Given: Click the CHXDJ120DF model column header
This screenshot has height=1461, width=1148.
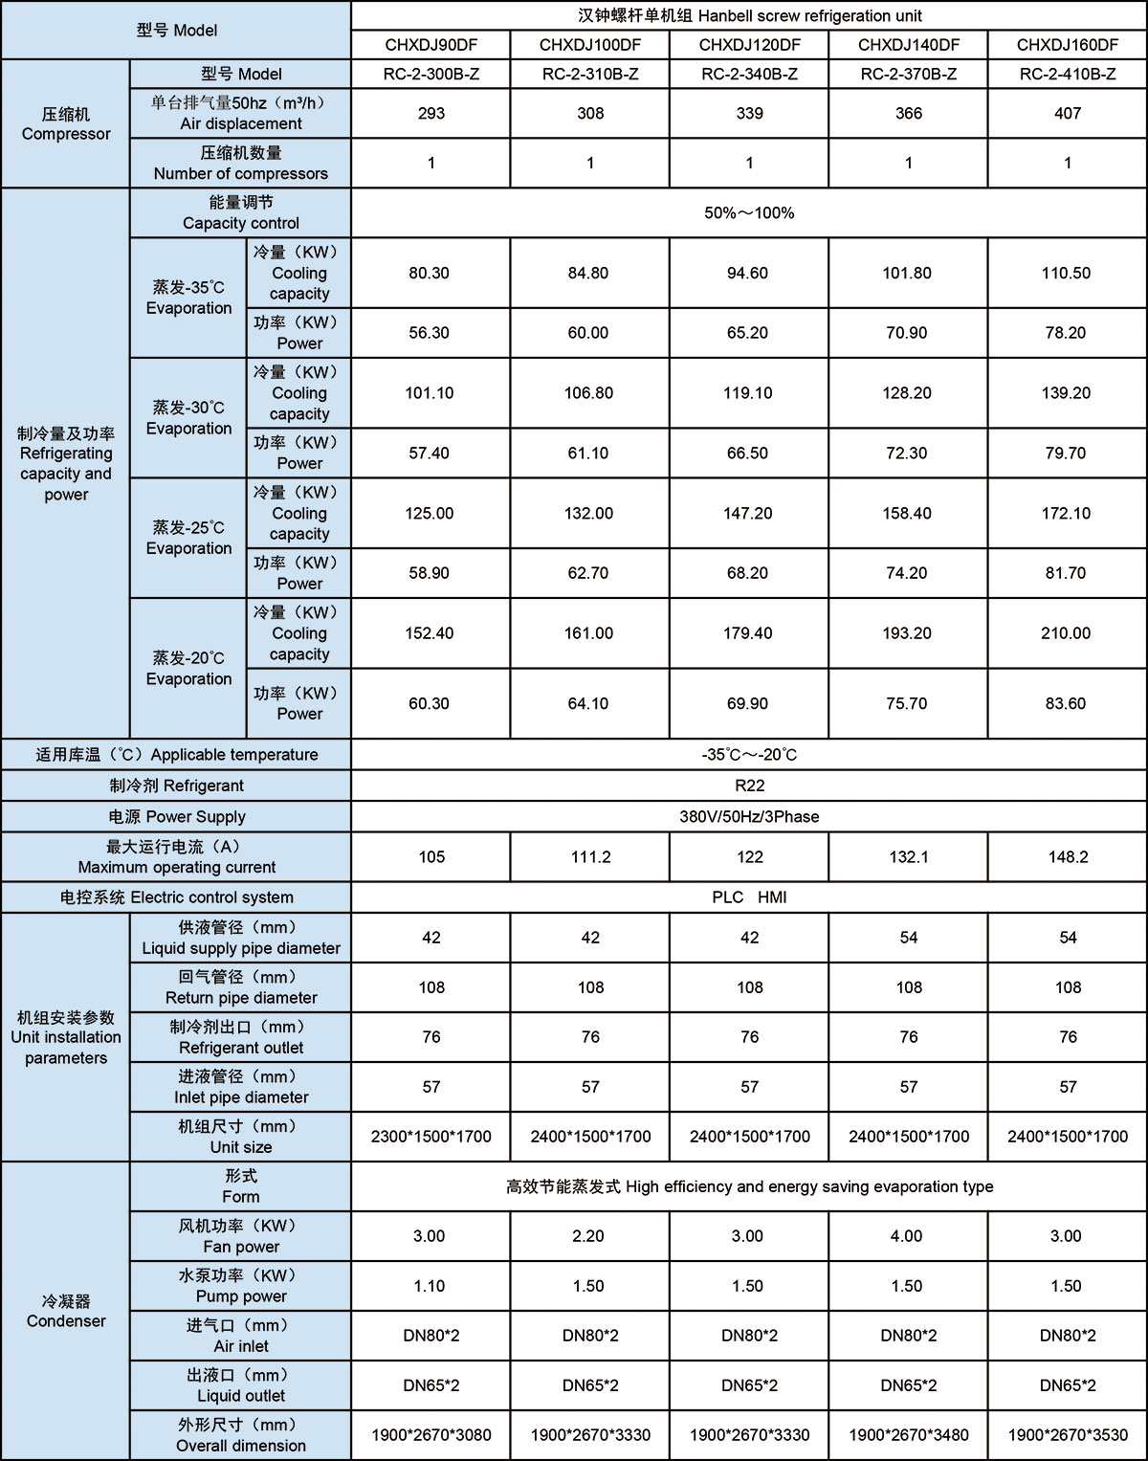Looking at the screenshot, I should tap(749, 45).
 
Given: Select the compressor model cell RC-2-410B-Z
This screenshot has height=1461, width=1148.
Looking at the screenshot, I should tap(1068, 75).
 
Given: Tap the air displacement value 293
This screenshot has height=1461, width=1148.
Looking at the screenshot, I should tap(431, 114).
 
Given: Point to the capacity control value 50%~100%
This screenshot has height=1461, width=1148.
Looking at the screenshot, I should tap(749, 213).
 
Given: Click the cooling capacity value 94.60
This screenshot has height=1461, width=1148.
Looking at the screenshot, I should tap(747, 274).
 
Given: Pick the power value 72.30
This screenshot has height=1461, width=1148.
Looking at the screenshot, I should tap(906, 454).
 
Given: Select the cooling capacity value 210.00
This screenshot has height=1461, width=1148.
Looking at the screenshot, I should tap(1066, 633).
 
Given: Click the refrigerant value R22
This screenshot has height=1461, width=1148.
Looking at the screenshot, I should tap(749, 786).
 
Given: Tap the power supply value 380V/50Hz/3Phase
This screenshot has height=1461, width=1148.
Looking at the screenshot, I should tap(749, 817).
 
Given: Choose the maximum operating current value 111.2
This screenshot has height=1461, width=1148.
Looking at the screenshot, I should tap(590, 857).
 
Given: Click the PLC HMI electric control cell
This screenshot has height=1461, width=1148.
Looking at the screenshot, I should tap(749, 897).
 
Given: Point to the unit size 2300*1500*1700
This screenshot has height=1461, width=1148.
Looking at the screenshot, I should tap(431, 1137).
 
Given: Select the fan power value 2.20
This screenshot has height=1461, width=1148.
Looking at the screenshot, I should tap(588, 1236).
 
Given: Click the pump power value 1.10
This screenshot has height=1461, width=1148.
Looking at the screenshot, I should tap(430, 1286).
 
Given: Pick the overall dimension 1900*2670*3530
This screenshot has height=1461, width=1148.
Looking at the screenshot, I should tap(1068, 1435).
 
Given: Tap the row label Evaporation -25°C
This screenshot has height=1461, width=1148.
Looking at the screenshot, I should tap(188, 538).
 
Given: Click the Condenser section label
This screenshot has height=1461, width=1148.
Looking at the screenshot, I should tap(66, 1311).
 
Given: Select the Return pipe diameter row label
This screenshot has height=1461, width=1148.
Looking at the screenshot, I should tap(241, 987).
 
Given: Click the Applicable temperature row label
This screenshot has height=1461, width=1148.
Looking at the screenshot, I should tap(177, 755).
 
